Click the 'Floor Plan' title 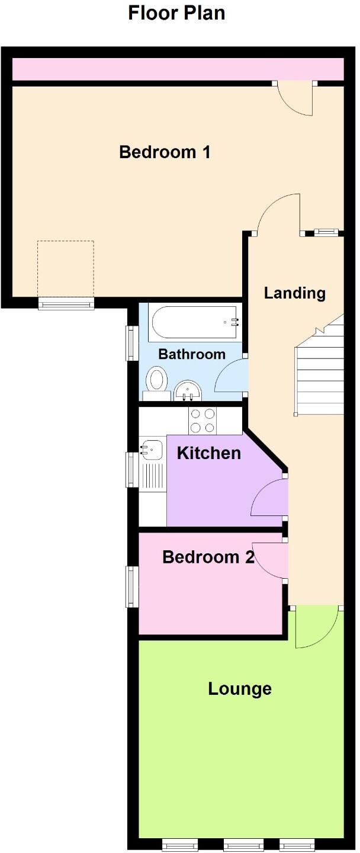(x=176, y=12)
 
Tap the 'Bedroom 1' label (x=165, y=152)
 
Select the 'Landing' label (x=295, y=293)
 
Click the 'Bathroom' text (x=192, y=354)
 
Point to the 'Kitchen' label (x=209, y=453)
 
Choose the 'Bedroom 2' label (x=208, y=557)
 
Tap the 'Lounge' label (x=240, y=688)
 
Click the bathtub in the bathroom (x=195, y=322)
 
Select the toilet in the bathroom (x=157, y=380)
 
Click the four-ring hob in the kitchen (x=202, y=421)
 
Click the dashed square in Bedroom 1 (x=65, y=268)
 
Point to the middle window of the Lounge (x=243, y=845)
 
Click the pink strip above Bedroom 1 (x=178, y=69)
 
